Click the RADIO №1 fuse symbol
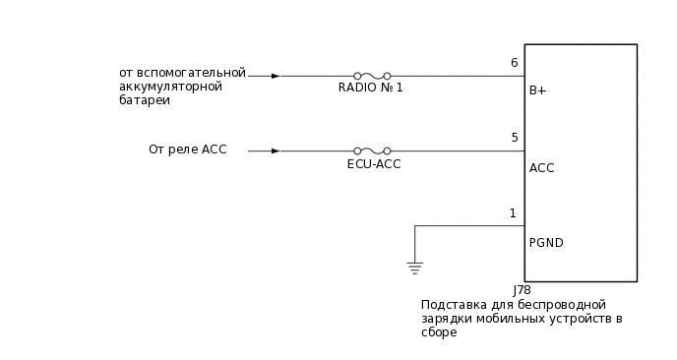[372, 75]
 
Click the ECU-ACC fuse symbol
[372, 150]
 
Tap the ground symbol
[414, 267]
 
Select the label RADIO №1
[371, 89]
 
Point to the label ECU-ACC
[374, 164]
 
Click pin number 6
[514, 63]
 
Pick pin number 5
[514, 138]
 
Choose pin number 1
[513, 213]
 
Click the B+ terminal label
[538, 91]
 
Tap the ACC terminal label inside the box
[541, 168]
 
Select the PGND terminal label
[546, 243]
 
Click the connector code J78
[522, 291]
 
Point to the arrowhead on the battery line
[276, 75]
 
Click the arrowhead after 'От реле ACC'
[276, 150]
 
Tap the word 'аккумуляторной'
[170, 87]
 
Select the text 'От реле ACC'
[188, 150]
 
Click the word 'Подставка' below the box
[453, 305]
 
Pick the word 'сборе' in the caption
[439, 332]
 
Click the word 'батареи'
[144, 100]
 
